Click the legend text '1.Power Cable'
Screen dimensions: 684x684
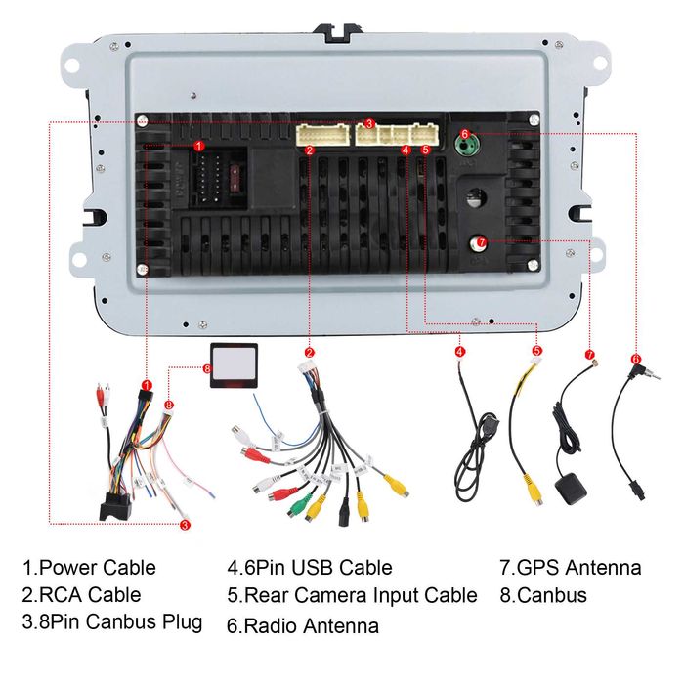[x=90, y=567]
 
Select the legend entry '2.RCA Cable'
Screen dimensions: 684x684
[x=82, y=594]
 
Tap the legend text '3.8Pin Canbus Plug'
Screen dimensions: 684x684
[x=112, y=621]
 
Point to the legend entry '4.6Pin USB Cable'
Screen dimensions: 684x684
[x=310, y=567]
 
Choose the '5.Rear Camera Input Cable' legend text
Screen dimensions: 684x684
[x=352, y=594]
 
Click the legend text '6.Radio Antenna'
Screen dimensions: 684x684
[x=303, y=624]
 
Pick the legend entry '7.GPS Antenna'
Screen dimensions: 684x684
[x=571, y=567]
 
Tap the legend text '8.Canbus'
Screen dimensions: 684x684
[x=543, y=594]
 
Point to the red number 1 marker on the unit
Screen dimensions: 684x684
[x=199, y=145]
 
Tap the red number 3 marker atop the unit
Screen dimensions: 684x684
[x=369, y=124]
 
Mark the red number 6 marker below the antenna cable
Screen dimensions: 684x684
[x=635, y=358]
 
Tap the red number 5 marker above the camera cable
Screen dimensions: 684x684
[x=536, y=350]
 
